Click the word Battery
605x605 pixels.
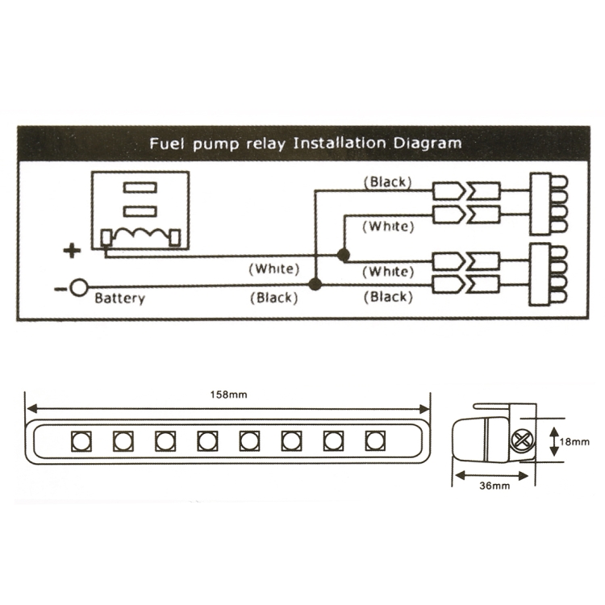coord(120,298)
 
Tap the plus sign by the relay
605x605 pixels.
coord(73,251)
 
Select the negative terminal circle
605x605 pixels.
coord(79,287)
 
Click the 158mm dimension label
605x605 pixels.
coord(228,394)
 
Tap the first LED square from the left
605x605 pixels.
coord(81,440)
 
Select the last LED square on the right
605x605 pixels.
coord(374,440)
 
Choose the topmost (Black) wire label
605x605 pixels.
coord(387,182)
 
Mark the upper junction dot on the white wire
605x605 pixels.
coord(344,256)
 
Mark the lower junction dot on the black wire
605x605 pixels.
coord(315,284)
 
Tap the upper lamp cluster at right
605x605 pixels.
coord(547,202)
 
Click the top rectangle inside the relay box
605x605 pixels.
coord(139,187)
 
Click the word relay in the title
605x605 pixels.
coord(265,144)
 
